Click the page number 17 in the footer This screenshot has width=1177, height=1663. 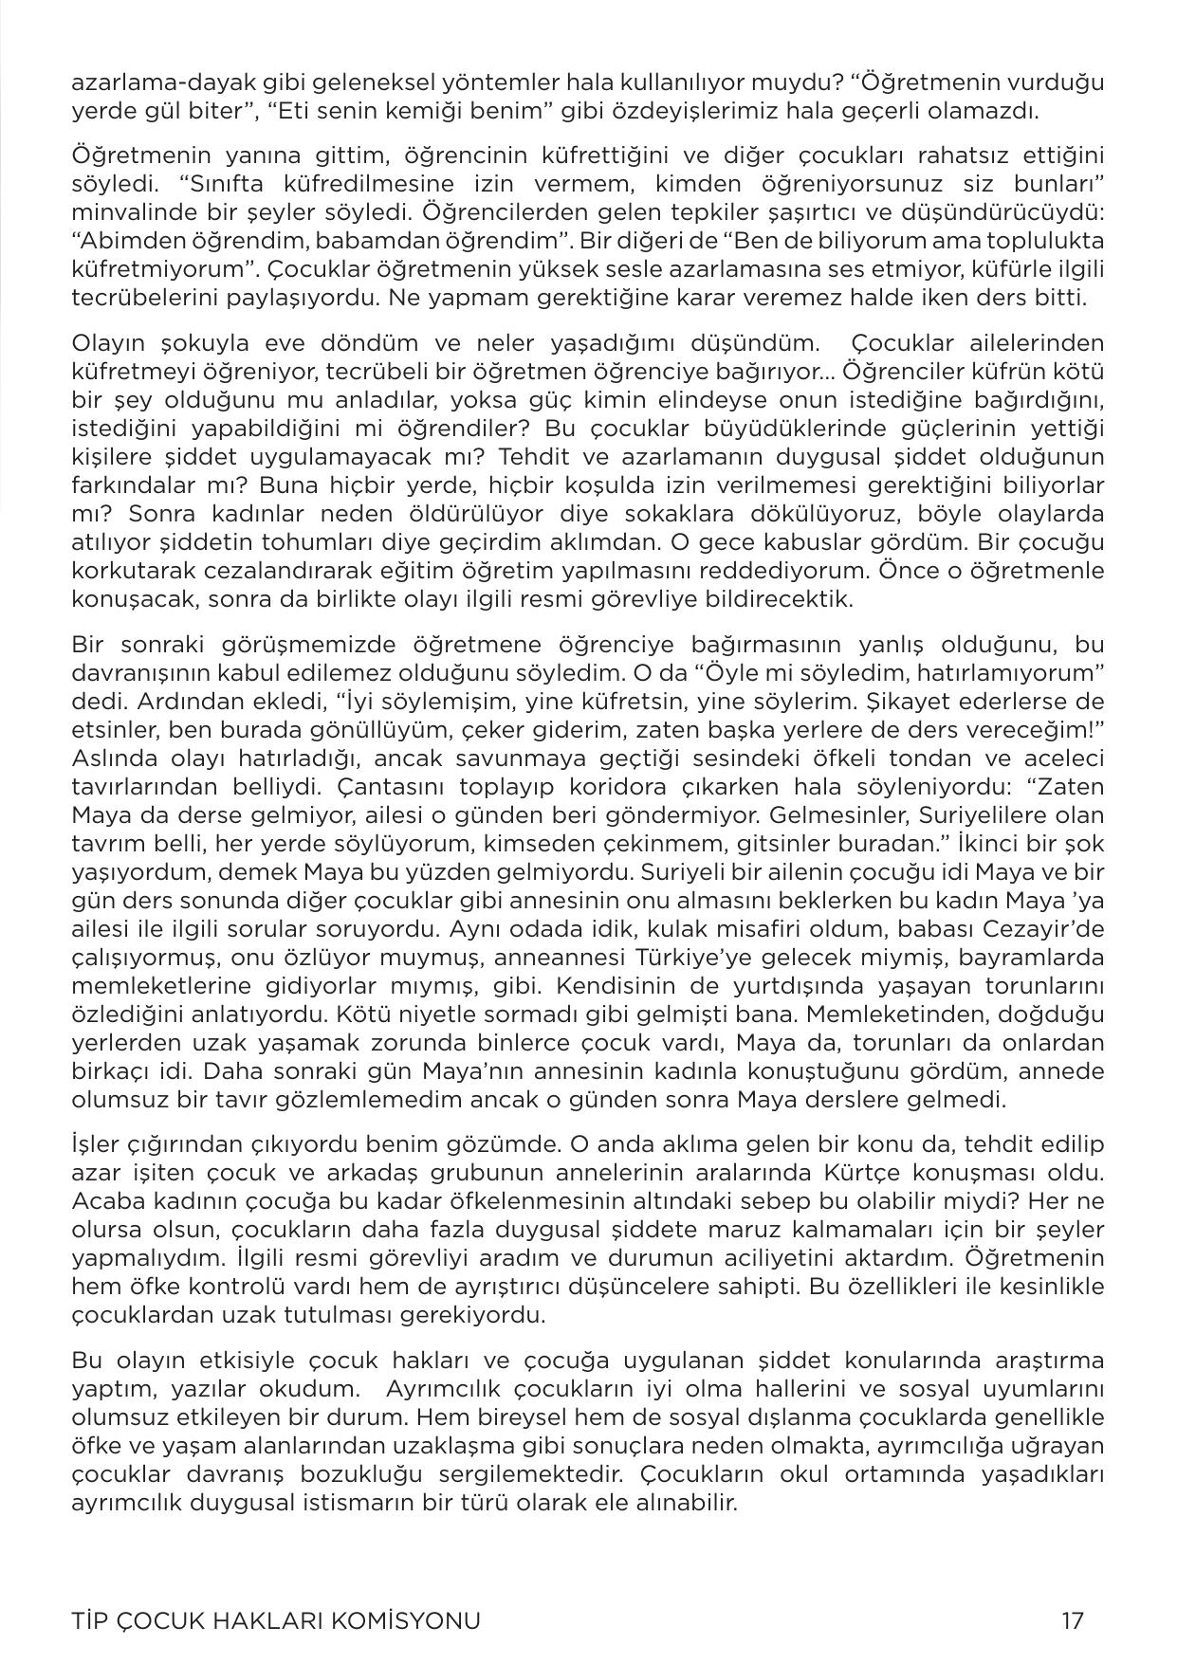[x=1073, y=1620]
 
